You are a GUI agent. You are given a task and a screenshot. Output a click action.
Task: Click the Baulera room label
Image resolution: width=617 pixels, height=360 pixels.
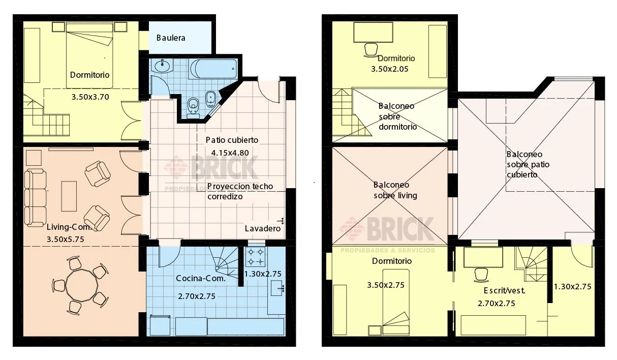pos(171,38)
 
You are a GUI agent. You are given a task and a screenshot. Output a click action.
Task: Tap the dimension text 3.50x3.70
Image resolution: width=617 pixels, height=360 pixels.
pos(90,97)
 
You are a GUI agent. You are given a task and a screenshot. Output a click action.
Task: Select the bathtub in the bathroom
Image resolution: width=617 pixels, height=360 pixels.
pos(213,69)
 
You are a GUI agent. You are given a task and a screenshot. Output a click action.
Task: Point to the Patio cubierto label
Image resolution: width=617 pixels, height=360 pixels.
pos(232,140)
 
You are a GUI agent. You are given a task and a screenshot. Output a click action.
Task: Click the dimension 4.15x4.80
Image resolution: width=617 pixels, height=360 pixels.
pos(230,153)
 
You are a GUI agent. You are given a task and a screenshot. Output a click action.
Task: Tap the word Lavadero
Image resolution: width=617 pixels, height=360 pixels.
pos(262,228)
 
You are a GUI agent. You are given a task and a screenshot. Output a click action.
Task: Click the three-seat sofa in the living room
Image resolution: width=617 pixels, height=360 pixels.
pos(35,198)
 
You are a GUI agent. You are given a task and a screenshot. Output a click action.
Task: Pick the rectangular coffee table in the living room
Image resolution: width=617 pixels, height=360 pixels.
pos(69,196)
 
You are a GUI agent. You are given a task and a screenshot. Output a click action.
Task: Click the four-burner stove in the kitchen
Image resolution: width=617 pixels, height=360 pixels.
pos(255,257)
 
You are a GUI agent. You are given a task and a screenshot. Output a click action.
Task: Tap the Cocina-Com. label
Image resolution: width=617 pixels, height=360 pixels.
pos(201,279)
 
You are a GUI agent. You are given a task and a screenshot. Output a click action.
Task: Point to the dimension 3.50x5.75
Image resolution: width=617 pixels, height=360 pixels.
pos(65,239)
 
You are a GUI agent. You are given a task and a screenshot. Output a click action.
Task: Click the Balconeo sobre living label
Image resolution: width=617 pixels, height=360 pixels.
pos(395,190)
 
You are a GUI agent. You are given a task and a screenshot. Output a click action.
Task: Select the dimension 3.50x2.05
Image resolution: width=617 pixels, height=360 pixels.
pos(390,69)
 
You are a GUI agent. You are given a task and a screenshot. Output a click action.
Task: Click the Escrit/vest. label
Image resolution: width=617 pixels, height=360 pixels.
pos(504,290)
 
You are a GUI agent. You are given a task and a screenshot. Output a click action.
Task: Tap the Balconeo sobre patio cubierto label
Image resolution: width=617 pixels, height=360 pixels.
pos(528,165)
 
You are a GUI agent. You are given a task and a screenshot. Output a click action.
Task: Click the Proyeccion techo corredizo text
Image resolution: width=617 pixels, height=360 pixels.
pos(240,191)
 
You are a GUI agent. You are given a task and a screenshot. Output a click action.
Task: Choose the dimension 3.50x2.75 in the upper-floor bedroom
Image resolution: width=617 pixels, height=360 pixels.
pos(386,285)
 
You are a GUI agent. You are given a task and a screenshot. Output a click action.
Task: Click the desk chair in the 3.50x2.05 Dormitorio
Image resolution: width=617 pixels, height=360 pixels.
pos(371,50)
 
